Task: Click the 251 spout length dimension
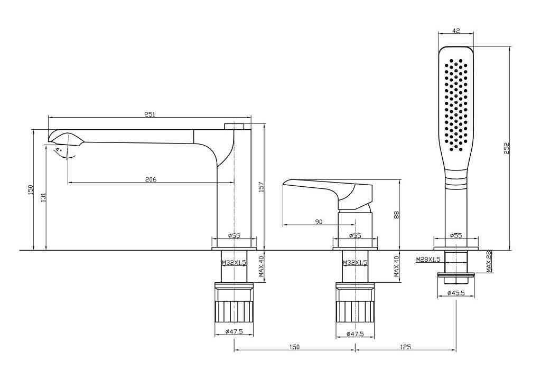click(x=150, y=114)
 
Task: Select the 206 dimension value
click(x=151, y=179)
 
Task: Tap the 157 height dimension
click(x=261, y=187)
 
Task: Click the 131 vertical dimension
click(x=43, y=197)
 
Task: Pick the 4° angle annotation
click(x=59, y=150)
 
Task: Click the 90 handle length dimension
click(x=319, y=222)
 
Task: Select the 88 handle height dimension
click(x=396, y=215)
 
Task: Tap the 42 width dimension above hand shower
click(x=456, y=30)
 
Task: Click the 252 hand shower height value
click(x=507, y=148)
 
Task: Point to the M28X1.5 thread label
click(x=428, y=260)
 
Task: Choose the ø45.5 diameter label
click(x=456, y=293)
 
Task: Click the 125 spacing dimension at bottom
click(x=406, y=347)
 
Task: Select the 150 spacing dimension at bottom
click(x=294, y=347)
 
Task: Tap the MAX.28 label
click(x=489, y=262)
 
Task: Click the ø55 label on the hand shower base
click(x=456, y=236)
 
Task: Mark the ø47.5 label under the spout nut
click(x=234, y=332)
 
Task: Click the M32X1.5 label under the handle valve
click(x=355, y=263)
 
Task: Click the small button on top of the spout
click(x=234, y=126)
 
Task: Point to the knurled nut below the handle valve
click(x=355, y=312)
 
